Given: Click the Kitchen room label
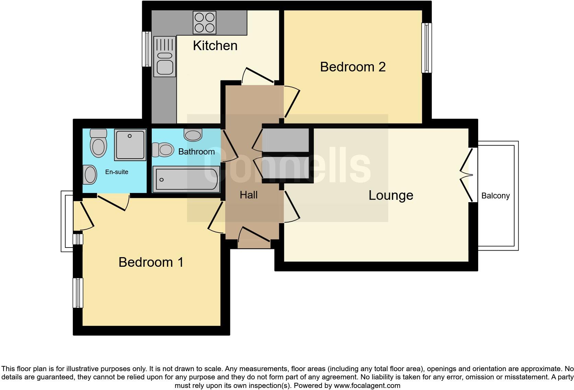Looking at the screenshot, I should [215, 46].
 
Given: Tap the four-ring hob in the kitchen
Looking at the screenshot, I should [205, 22].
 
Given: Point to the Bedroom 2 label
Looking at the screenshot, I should [353, 67].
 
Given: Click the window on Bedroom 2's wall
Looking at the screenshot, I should [426, 48].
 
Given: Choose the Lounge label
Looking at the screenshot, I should [391, 195].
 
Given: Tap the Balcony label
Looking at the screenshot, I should [495, 196].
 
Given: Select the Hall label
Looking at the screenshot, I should [249, 195].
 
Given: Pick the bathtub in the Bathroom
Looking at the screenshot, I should [186, 179].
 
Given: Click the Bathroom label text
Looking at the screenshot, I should [196, 152].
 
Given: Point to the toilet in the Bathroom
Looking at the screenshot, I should [163, 150].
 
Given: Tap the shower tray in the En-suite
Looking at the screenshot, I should [130, 145].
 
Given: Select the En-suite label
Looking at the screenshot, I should [117, 172].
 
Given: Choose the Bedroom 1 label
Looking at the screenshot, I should [151, 262].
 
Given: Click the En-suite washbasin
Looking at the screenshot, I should [90, 174].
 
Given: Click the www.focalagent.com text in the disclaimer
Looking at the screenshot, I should [367, 386].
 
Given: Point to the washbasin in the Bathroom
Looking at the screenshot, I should [193, 135].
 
